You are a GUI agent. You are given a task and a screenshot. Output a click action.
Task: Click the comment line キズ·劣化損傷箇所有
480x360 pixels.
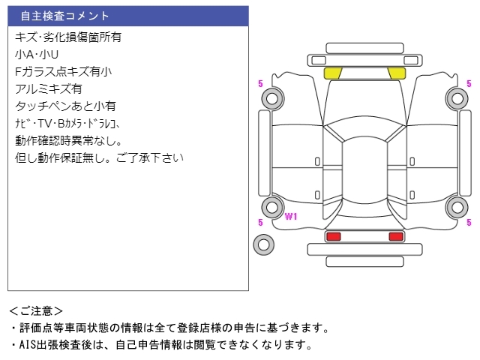pos(67,37)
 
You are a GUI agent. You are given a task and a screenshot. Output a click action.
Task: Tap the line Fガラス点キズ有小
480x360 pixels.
pos(63,71)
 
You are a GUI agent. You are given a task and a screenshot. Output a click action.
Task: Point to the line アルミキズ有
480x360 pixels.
pos(49,88)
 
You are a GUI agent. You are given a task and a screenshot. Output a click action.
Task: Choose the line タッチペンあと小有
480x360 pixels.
pos(64,106)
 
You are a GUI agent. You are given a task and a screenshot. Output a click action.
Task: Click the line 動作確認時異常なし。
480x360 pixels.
pos(67,140)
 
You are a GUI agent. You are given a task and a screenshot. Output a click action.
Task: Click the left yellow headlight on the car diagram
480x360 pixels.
pos(332,73)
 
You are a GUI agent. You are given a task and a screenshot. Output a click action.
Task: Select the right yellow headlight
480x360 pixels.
pos(397,73)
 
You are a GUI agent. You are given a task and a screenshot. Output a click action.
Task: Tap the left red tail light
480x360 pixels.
pos(333,237)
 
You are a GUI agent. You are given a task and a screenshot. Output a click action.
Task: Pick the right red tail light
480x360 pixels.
pos(395,237)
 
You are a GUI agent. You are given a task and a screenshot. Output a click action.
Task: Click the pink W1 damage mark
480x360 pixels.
pos(291,217)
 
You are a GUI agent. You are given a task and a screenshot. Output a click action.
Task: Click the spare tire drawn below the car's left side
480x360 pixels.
pos(263,244)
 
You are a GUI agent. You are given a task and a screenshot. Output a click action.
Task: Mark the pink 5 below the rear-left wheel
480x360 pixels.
pos(260,223)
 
